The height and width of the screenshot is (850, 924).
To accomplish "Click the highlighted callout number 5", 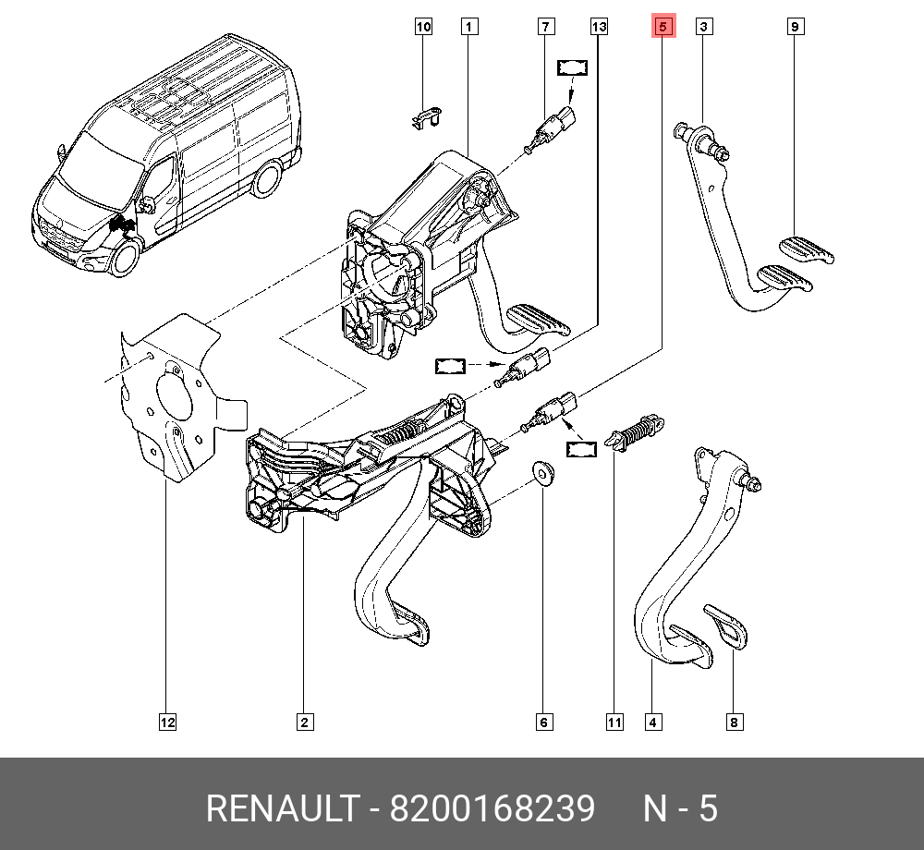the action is point(663,28).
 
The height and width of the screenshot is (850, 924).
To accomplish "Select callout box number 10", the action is point(423,28).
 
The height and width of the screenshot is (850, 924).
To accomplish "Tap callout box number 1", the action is point(469,28).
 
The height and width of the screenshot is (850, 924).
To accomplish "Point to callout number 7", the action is point(546,28).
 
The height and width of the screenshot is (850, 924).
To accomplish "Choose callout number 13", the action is point(599,28).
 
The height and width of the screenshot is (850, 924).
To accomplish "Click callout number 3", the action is point(703,28).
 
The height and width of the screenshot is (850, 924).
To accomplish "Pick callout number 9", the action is point(795,28).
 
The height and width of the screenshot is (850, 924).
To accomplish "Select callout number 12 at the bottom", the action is point(166,722).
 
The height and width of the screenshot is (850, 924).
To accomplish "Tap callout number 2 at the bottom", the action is point(304,722).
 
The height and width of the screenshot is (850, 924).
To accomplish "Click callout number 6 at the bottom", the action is point(543,722).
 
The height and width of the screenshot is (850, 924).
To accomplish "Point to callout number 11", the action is point(614,722).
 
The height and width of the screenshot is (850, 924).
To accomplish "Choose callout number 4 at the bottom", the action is point(653,722).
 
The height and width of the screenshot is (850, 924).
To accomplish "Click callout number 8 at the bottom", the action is point(734,722).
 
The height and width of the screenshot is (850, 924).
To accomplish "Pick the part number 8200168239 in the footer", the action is point(492,808).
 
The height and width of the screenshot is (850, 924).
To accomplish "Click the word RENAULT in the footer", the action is point(281,808).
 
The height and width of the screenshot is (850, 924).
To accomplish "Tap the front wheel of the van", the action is point(124,258).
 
